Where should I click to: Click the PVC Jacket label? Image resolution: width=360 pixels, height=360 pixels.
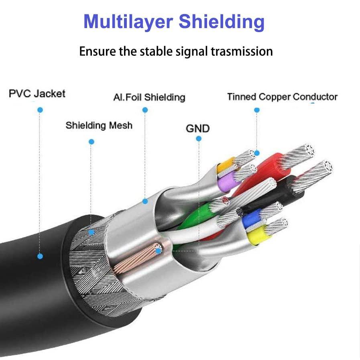37,94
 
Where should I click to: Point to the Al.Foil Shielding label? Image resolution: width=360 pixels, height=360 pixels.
149,97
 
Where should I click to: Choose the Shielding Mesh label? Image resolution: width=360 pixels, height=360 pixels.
99,125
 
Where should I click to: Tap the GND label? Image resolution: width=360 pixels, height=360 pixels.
197,128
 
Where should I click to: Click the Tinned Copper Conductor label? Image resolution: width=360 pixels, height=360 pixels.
282,97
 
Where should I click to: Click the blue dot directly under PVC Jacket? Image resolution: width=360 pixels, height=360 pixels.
40,110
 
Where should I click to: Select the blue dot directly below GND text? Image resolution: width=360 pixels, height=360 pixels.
199,138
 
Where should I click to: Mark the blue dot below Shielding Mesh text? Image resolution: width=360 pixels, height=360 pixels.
92,142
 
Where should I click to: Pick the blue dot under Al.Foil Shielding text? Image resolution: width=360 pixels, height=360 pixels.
145,110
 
